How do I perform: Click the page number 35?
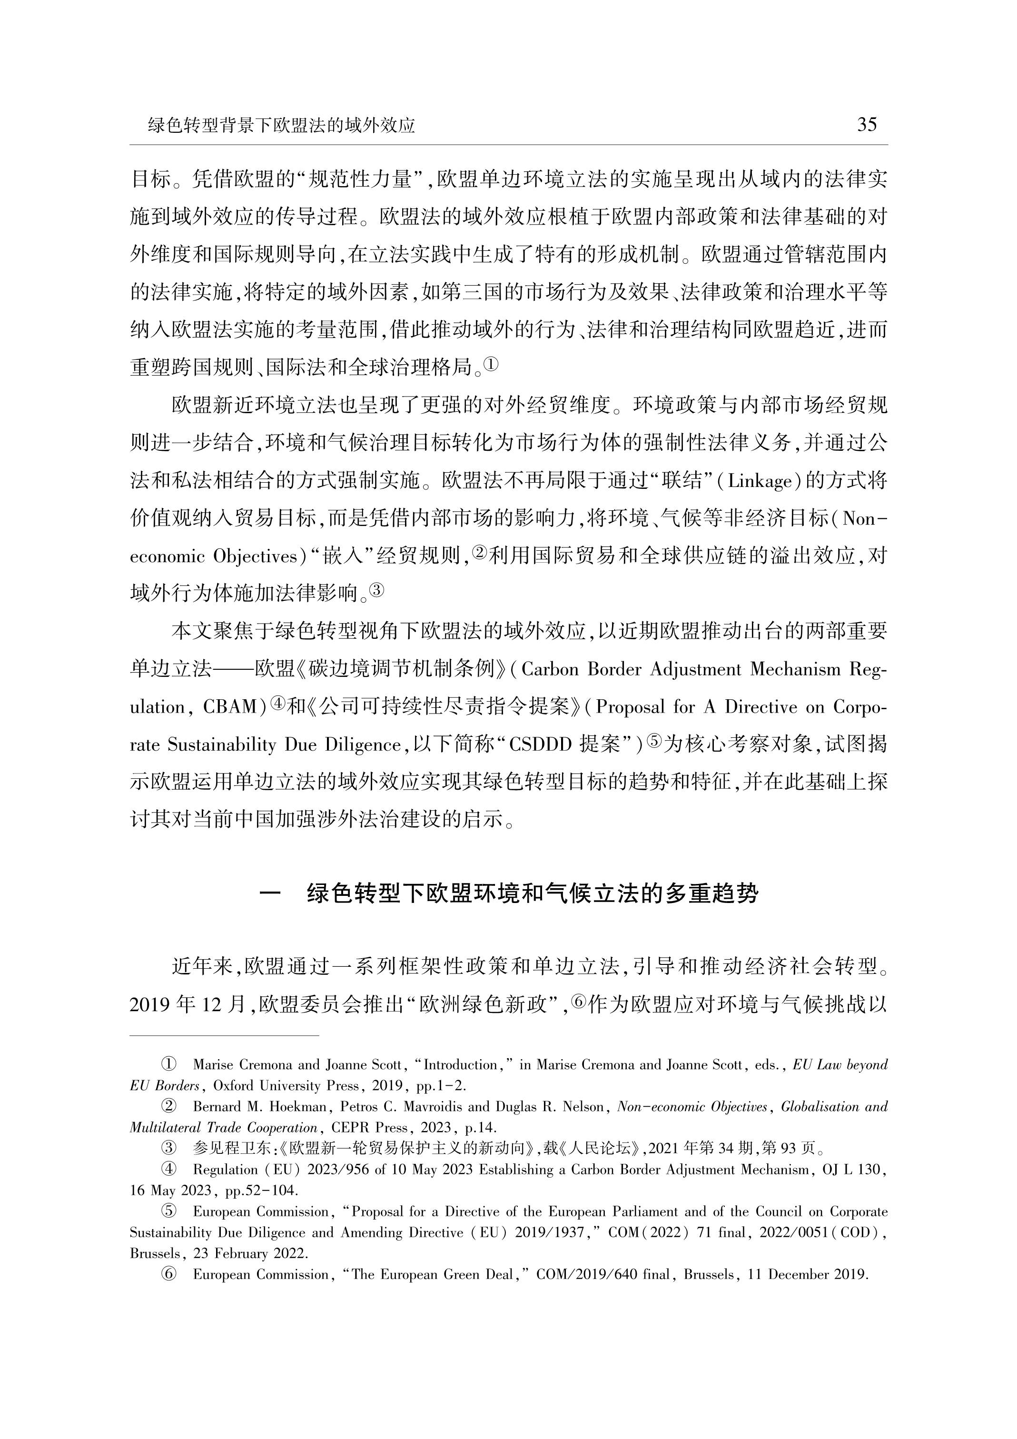pyautogui.click(x=867, y=125)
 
